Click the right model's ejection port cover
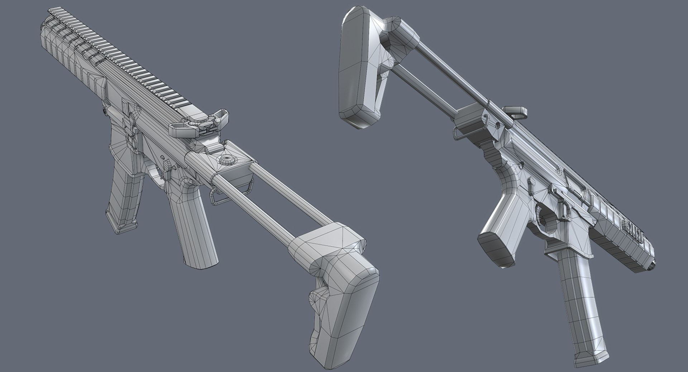click(573, 179)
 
